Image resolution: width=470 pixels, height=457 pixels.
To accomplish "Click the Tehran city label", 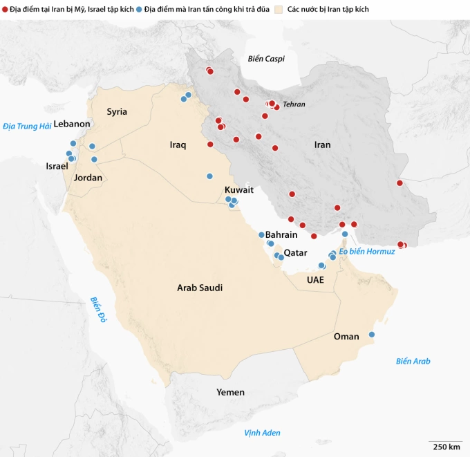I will point(294,104).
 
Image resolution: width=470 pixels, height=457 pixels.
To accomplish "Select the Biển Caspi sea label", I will point(266,59).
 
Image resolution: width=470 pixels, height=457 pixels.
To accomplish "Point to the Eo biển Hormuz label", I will point(366,251).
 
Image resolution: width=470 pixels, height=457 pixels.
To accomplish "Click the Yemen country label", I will point(230,392).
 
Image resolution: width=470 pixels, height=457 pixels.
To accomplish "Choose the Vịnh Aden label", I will point(262,433).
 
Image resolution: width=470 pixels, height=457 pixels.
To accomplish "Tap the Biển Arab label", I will point(413,361).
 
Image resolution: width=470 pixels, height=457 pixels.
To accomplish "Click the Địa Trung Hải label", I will point(28,126).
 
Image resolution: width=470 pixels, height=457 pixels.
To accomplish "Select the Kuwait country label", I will point(239,189).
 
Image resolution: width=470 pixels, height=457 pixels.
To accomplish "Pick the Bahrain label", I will point(281,235).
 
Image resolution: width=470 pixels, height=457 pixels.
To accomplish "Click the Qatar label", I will point(295,252).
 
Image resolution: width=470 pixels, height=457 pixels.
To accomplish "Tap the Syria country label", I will point(117,111).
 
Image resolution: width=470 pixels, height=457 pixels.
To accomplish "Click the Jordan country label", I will point(88,178).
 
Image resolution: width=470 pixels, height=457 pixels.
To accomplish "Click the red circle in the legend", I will point(6,10).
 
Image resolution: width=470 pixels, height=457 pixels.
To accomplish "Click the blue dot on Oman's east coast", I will point(372,335).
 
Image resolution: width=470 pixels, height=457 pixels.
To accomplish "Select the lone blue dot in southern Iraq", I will point(209,176).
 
